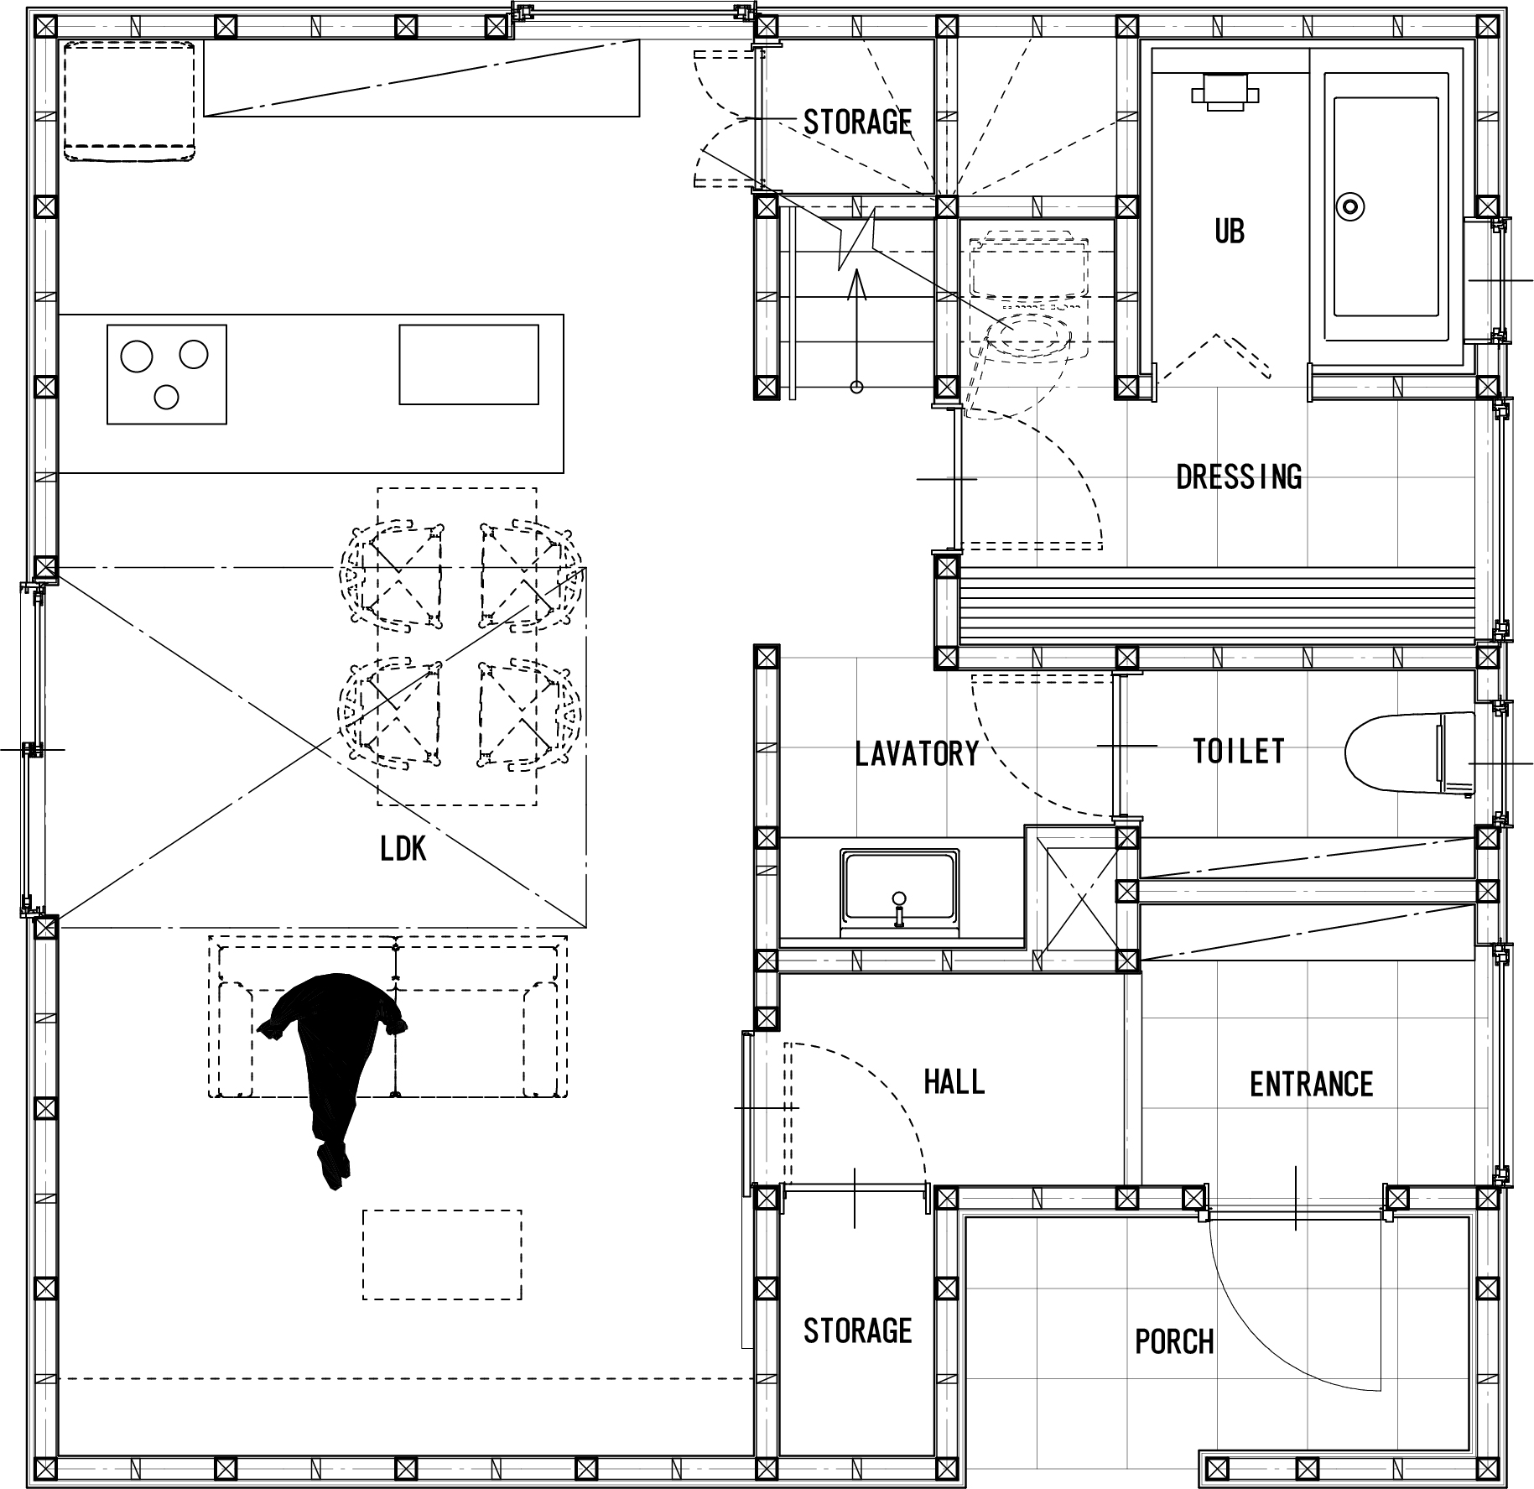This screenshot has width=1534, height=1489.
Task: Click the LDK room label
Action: pyautogui.click(x=403, y=849)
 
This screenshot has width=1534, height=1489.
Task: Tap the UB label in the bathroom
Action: pyautogui.click(x=1230, y=232)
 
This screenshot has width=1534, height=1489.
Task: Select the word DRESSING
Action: pyautogui.click(x=1239, y=477)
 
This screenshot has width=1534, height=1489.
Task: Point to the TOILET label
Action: pyautogui.click(x=1239, y=751)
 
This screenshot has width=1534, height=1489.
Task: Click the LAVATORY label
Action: pyautogui.click(x=917, y=753)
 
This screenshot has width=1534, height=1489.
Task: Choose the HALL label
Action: pyautogui.click(x=954, y=1082)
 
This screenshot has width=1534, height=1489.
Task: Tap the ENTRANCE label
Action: pyautogui.click(x=1311, y=1085)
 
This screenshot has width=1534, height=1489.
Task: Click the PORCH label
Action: pyautogui.click(x=1174, y=1342)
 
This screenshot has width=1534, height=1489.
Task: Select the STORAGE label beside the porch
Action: pyautogui.click(x=857, y=1331)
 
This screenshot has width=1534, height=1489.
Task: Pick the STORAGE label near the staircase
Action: pyautogui.click(x=857, y=122)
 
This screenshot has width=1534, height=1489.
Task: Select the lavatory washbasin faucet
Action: pyautogui.click(x=899, y=908)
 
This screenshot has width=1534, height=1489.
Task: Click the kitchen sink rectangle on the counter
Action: pyautogui.click(x=469, y=364)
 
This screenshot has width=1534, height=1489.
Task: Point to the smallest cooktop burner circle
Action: pyautogui.click(x=167, y=397)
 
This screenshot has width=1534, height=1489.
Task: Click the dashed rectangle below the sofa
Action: pyautogui.click(x=442, y=1255)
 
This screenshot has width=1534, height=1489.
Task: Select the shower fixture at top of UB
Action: pyautogui.click(x=1225, y=91)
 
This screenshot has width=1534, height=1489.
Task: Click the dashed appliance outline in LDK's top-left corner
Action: pyautogui.click(x=130, y=101)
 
